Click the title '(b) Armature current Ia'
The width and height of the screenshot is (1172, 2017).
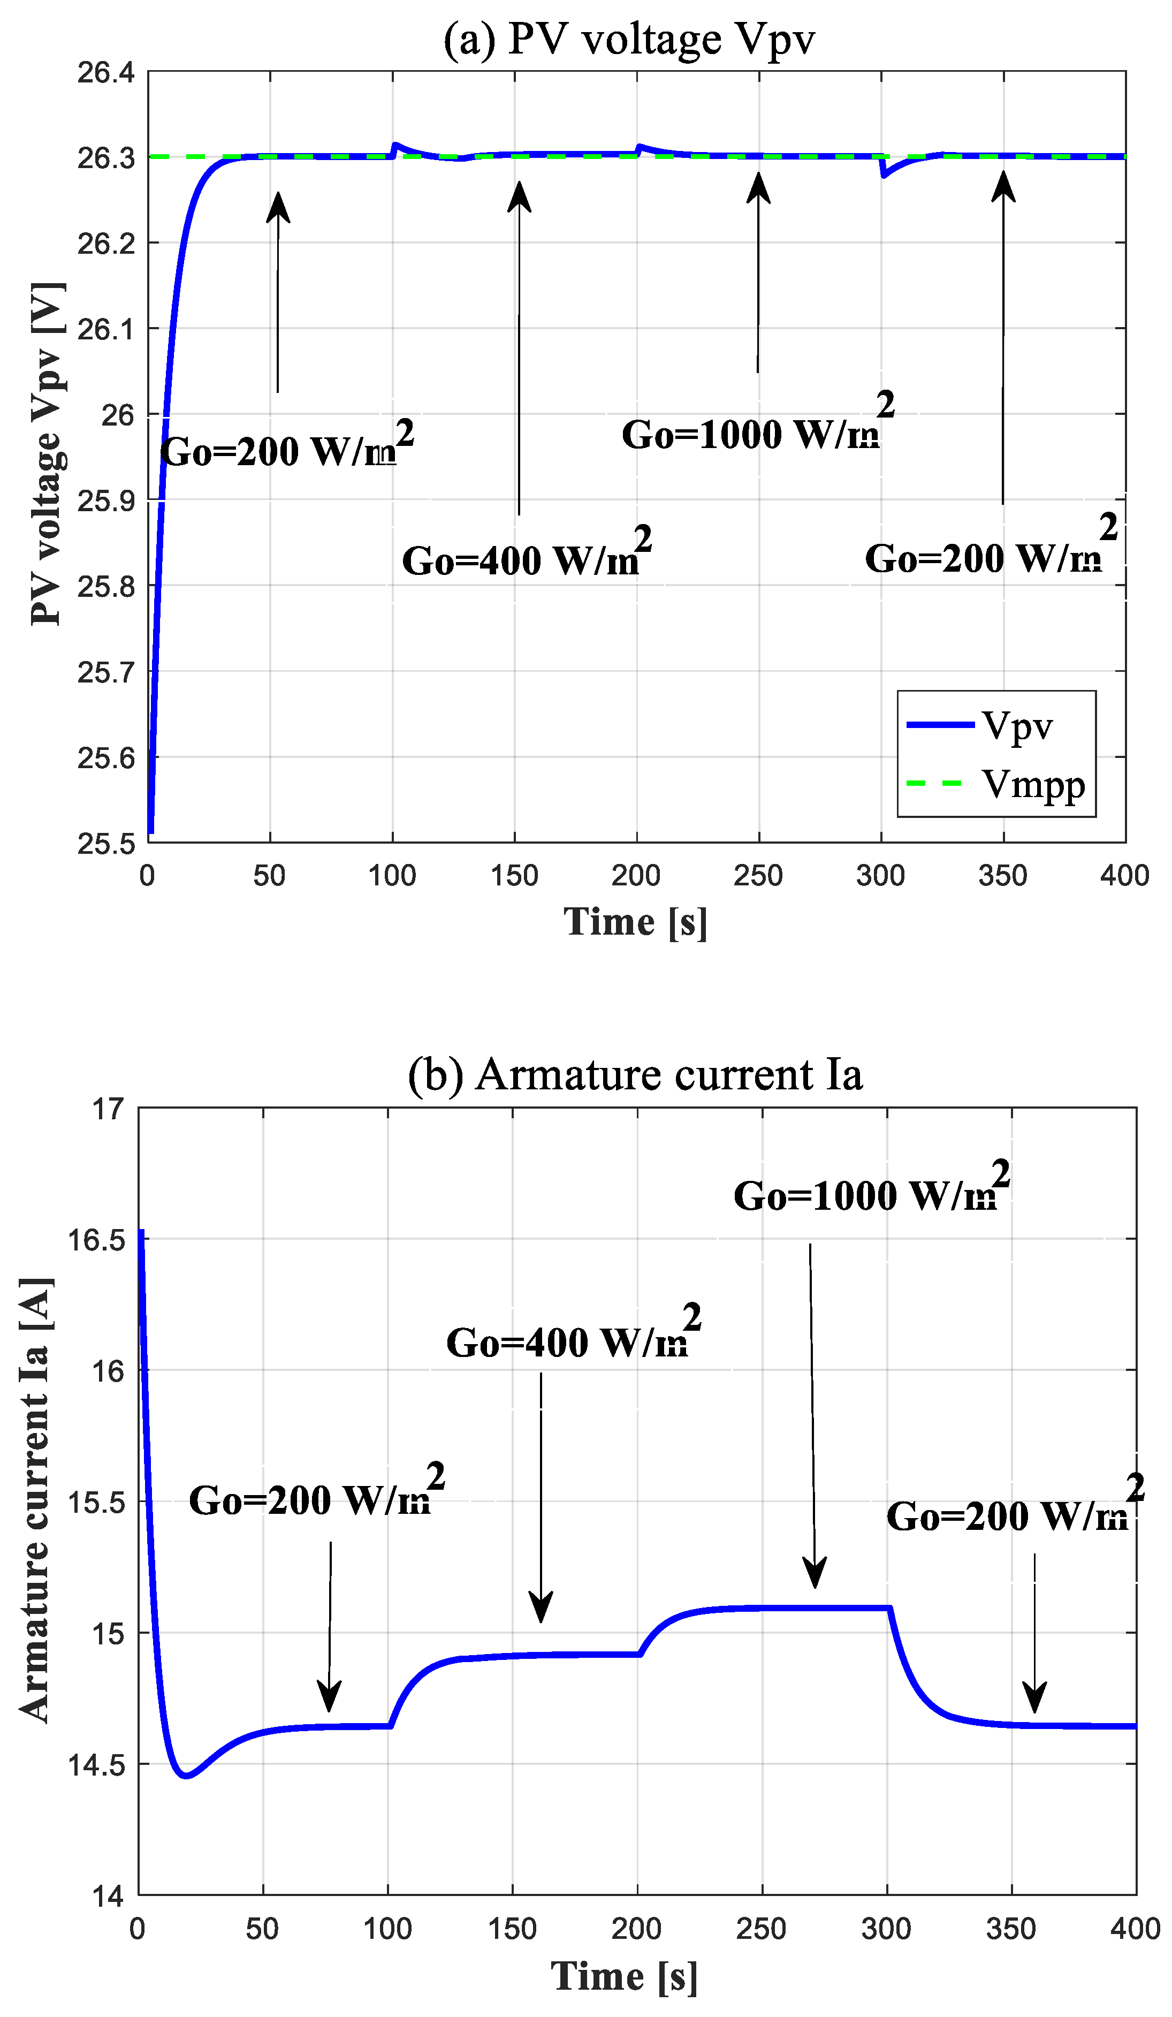coord(635,1075)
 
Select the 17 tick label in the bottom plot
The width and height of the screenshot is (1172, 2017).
coord(109,1109)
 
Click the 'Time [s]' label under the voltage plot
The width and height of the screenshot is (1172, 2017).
coord(635,922)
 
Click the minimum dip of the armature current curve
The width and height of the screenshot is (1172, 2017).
coord(186,1776)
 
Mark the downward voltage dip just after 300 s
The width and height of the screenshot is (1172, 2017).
coord(883,175)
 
